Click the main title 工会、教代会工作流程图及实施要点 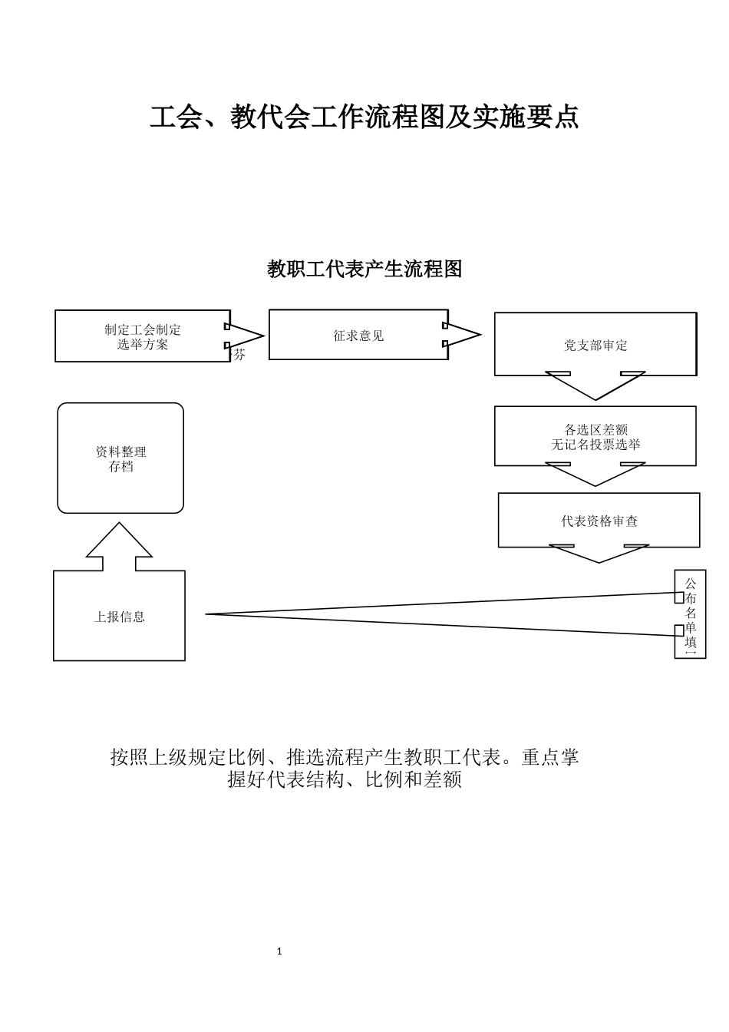[364, 117]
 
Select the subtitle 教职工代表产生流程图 [364, 269]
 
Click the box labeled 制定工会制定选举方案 [143, 336]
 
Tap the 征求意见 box [358, 335]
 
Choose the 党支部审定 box [595, 345]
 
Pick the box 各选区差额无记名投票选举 [595, 436]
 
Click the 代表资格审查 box [599, 521]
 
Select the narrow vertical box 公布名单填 [690, 614]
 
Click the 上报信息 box [119, 616]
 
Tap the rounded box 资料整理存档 [120, 458]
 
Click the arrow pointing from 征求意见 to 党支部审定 [462, 335]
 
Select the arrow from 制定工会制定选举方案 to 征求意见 [246, 336]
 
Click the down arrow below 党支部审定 [595, 385]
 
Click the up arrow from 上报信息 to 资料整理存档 [119, 547]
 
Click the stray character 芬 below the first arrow [239, 355]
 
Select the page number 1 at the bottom [279, 951]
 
